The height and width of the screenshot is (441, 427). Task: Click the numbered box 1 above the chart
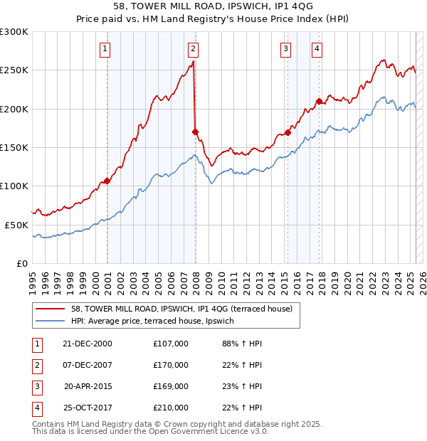click(x=105, y=49)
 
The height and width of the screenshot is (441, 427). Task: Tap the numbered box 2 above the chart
click(x=193, y=49)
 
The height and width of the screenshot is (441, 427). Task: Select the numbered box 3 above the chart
click(x=285, y=49)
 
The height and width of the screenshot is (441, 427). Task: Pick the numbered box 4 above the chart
click(x=317, y=49)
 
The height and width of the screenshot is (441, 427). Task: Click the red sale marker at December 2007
click(x=195, y=132)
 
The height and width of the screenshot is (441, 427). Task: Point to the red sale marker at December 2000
click(x=107, y=181)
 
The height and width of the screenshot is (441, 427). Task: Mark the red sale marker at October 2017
click(x=320, y=101)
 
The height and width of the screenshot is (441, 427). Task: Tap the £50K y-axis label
click(x=16, y=225)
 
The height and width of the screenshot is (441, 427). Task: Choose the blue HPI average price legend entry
click(x=152, y=322)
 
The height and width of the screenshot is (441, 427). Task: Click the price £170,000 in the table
click(x=171, y=365)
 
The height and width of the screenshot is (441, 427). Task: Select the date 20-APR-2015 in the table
click(x=88, y=386)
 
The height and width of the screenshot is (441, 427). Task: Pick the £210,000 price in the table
click(x=171, y=408)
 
